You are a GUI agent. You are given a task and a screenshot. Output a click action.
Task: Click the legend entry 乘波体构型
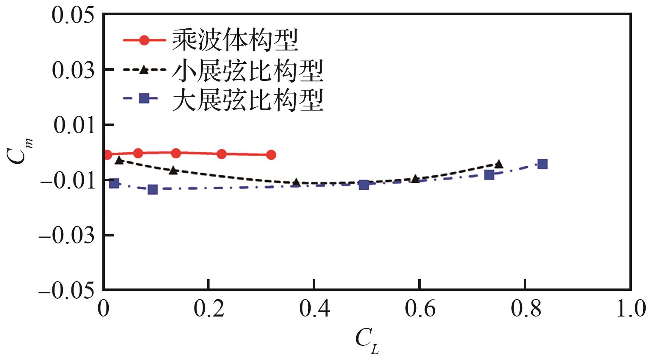point(235,40)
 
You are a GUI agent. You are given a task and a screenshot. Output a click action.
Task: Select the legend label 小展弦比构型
point(248,70)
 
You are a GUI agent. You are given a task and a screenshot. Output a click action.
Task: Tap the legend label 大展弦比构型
point(248,100)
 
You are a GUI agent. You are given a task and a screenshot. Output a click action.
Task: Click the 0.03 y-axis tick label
point(73,70)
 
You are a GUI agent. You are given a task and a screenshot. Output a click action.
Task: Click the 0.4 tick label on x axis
point(314,309)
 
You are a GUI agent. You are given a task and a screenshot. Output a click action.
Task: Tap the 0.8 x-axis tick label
point(525,309)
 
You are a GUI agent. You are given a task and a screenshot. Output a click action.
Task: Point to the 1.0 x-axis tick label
point(631,309)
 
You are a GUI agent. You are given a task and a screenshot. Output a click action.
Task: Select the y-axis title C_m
point(18,151)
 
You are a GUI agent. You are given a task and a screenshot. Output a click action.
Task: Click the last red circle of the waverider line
point(271,155)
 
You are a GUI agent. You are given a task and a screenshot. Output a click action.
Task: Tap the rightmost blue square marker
point(543,164)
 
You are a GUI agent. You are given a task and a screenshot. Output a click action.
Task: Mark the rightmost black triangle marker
point(499,164)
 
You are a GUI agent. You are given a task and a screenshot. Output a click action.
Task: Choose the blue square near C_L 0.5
point(364,185)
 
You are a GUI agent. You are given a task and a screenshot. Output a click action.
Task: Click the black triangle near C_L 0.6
point(415,179)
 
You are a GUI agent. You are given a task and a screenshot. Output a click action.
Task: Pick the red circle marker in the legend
point(144,40)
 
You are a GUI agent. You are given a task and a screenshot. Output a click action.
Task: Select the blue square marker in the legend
point(144,98)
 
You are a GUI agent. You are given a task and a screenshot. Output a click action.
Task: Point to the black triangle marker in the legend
point(144,70)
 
